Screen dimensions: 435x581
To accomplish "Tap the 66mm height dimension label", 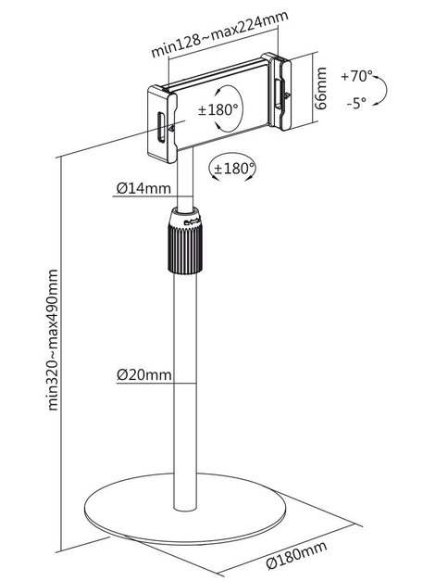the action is (x=320, y=88).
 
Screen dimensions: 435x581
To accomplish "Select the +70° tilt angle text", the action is (x=356, y=76).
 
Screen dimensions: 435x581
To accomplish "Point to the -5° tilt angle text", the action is (x=356, y=103).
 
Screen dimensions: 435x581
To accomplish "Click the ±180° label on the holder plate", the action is (x=218, y=109).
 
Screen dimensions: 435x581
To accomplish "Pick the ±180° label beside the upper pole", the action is (x=235, y=169).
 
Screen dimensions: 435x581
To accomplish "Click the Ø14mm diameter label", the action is (x=143, y=188).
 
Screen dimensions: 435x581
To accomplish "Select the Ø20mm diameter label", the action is (x=144, y=375).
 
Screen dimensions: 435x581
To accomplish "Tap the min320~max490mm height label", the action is (x=53, y=340).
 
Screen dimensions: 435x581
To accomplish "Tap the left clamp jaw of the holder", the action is (x=162, y=124).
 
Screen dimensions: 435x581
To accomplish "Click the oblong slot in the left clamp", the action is (x=161, y=127).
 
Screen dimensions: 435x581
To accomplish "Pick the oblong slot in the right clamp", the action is (x=278, y=94).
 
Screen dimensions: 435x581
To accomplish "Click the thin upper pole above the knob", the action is (x=185, y=179).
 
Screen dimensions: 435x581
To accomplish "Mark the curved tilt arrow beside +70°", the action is (x=383, y=90).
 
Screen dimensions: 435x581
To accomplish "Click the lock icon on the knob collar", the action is (x=193, y=222).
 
